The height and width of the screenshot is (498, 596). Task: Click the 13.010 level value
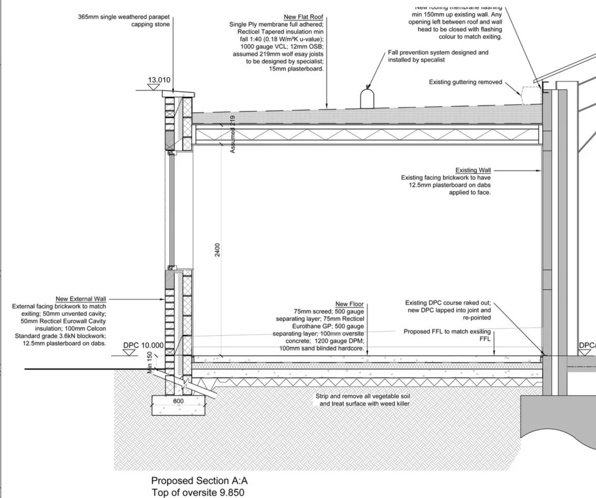[159, 80]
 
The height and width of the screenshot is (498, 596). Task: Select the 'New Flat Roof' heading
[303, 17]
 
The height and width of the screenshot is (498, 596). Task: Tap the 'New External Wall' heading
[81, 299]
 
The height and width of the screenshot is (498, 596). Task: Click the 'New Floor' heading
[349, 304]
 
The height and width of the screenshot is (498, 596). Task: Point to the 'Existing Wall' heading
[473, 171]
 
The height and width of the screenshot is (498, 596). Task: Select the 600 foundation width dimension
[178, 401]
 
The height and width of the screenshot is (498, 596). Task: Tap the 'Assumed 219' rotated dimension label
[233, 134]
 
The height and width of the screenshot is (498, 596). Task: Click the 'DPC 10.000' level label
[143, 346]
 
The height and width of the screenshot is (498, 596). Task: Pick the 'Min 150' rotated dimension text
[150, 362]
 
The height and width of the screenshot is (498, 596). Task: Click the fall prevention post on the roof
[367, 97]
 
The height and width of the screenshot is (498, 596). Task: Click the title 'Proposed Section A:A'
[199, 481]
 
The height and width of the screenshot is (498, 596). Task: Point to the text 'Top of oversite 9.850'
[197, 493]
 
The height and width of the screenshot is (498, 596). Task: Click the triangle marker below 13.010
[154, 87]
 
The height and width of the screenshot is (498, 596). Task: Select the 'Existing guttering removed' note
[465, 82]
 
